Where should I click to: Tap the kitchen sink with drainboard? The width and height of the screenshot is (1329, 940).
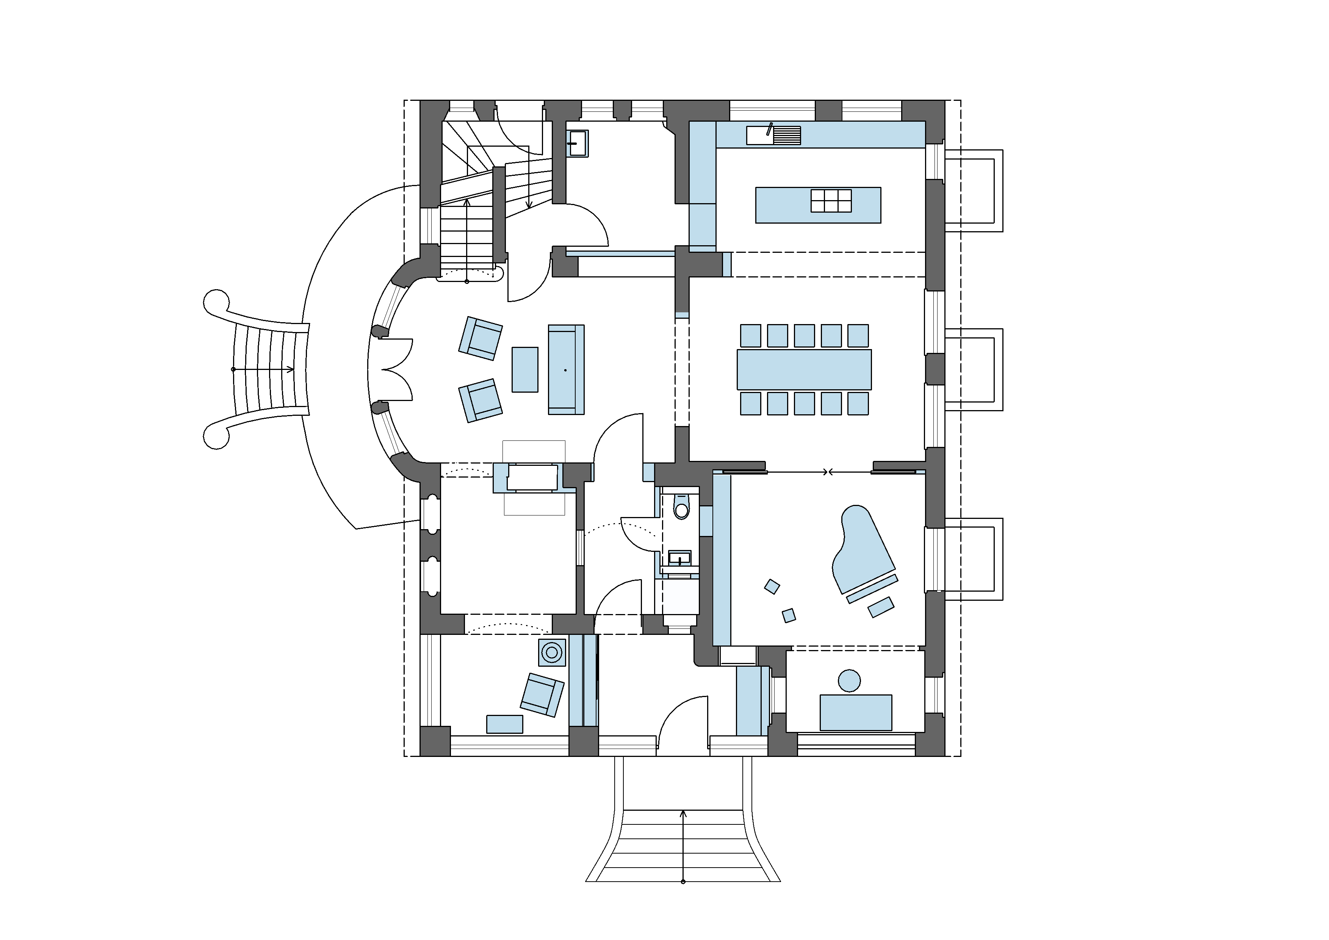773,135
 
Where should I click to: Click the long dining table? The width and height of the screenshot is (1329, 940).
804,369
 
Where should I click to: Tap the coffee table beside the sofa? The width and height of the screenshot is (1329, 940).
525,369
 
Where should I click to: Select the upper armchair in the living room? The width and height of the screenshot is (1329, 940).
481,338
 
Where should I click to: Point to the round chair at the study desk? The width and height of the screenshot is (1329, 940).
849,681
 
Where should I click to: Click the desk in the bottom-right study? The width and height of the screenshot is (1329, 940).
856,713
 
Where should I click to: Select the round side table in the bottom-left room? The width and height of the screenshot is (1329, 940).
552,652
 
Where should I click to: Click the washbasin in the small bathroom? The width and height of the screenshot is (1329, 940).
679,559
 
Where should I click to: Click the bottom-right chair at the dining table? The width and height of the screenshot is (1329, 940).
858,403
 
